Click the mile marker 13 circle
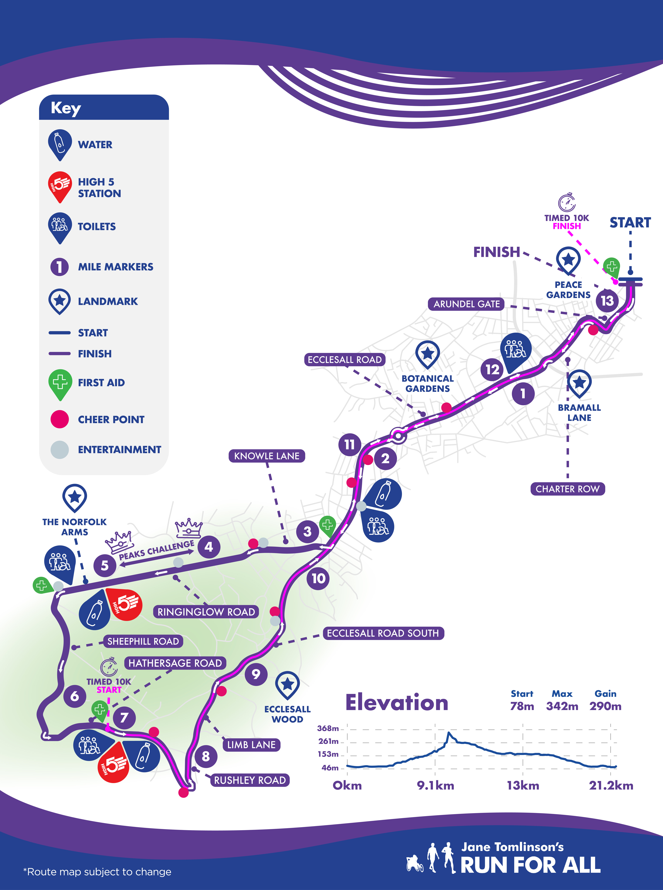coord(607,301)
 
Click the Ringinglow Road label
coord(206,612)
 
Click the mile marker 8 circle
coord(206,756)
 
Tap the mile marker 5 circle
coord(105,566)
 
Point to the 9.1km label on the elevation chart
coord(435,786)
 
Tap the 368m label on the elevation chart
coord(328,728)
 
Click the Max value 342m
coord(562,706)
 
